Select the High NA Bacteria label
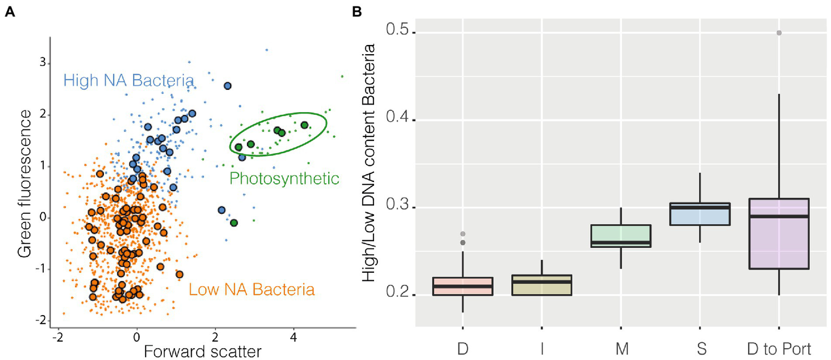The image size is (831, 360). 128,81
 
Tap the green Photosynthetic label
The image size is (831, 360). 284,178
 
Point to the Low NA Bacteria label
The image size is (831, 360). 252,290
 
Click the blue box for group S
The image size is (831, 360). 699,214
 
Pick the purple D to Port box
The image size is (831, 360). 778,233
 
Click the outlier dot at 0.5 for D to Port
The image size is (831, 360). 778,32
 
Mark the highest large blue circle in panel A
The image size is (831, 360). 227,86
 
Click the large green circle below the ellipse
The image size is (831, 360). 234,222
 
